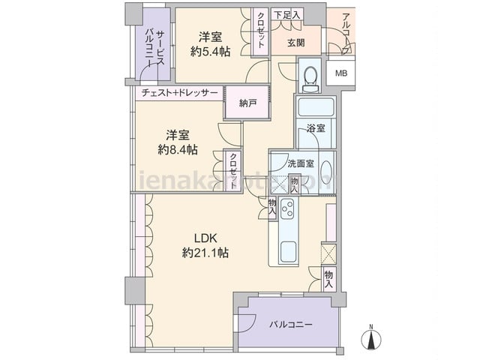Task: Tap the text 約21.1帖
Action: pos(205,254)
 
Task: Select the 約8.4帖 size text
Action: pos(178,150)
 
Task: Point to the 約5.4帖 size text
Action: pos(210,51)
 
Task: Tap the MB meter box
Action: pos(341,73)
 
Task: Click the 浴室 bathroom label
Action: pos(316,128)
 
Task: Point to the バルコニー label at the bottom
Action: pos(290,324)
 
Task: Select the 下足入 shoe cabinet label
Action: pos(286,14)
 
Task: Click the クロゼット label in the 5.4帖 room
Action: pos(260,31)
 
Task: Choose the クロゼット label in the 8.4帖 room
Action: pos(233,173)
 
